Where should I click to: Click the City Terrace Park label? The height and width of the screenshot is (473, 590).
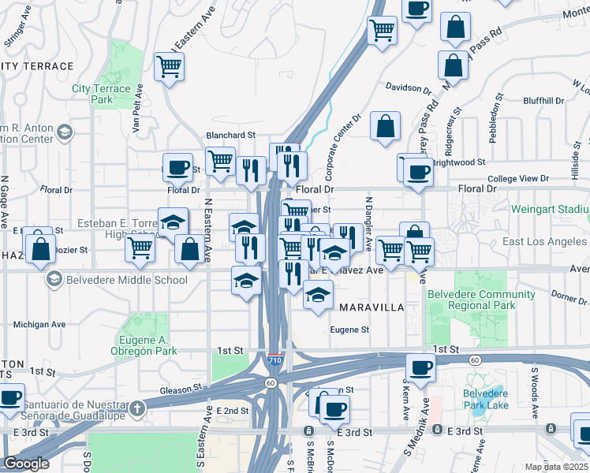(x=101, y=95)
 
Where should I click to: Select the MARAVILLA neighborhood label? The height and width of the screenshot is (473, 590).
(x=370, y=307)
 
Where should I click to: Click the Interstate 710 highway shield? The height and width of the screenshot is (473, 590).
(x=274, y=359)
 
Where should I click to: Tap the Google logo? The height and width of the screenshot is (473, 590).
(x=26, y=464)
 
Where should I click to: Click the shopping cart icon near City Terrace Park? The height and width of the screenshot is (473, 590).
(x=170, y=69)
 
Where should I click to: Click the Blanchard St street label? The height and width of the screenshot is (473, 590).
(x=232, y=136)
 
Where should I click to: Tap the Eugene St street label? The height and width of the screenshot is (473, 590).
(x=349, y=330)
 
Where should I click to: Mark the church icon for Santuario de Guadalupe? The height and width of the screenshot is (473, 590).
(x=138, y=408)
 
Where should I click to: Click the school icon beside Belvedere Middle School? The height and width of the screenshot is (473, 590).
(x=54, y=279)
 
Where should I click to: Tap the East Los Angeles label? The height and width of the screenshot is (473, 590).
(x=546, y=242)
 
